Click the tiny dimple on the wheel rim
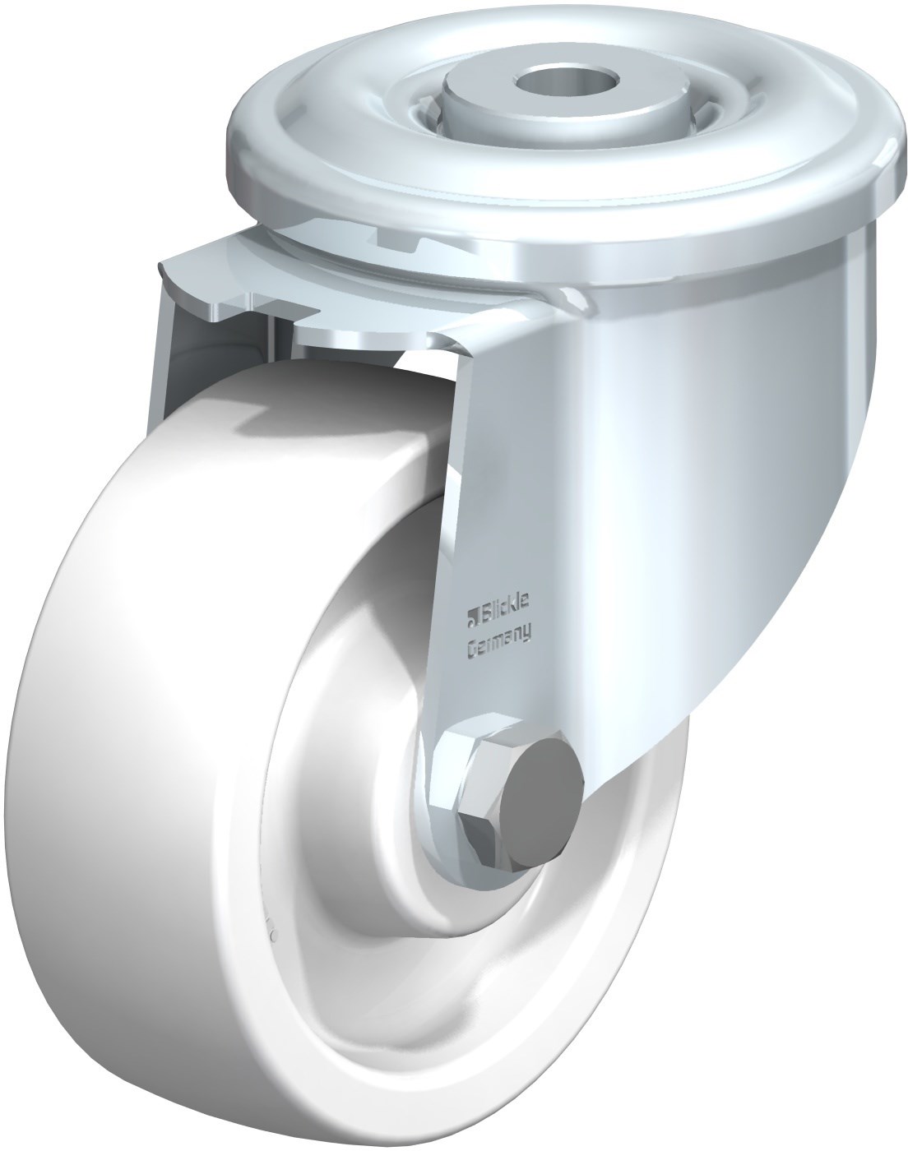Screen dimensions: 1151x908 point(273,934)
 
